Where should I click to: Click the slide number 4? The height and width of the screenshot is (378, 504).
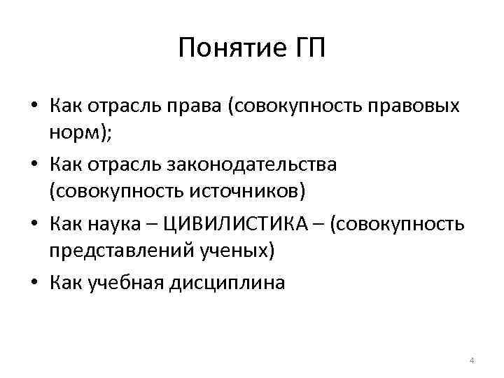coord(471,360)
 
